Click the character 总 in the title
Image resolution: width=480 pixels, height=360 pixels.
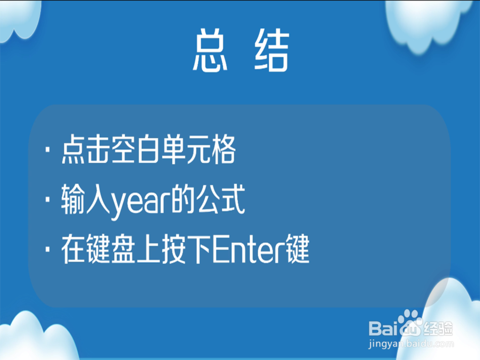click(210, 50)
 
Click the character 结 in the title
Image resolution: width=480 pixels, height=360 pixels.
click(272, 50)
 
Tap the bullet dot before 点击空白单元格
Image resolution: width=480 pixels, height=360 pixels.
click(48, 150)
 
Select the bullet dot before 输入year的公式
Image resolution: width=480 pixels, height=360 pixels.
click(48, 200)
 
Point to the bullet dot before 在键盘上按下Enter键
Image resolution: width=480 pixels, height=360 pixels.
click(48, 249)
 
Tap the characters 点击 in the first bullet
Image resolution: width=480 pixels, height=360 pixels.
click(86, 150)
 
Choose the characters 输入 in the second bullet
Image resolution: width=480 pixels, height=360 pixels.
click(86, 200)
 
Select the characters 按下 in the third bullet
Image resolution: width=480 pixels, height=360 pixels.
click(186, 249)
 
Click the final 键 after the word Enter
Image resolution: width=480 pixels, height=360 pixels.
click(297, 249)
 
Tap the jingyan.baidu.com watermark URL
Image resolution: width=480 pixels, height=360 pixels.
click(411, 344)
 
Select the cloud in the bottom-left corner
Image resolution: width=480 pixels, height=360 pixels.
click(37, 337)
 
